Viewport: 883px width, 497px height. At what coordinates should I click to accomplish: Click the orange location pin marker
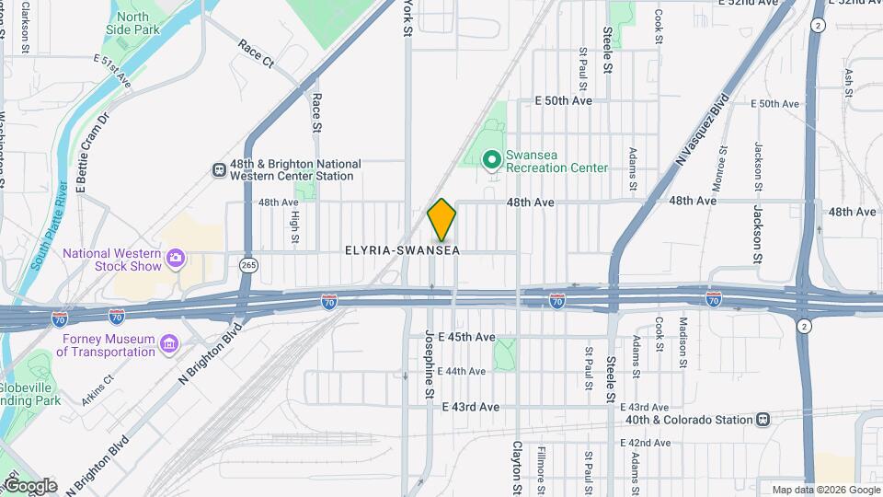point(442,220)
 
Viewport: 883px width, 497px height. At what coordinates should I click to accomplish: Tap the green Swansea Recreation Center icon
point(492,160)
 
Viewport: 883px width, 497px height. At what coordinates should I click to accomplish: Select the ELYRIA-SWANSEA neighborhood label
point(402,250)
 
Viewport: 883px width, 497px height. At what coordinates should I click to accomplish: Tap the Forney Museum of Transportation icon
point(168,345)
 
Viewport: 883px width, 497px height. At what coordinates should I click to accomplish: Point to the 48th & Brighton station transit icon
point(219,169)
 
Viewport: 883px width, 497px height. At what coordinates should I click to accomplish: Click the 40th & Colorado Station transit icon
point(763,420)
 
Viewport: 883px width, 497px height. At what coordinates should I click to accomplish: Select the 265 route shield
point(247,265)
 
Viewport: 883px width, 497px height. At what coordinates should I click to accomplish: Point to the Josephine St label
point(430,366)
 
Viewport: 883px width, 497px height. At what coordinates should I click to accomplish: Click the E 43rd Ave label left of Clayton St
point(470,407)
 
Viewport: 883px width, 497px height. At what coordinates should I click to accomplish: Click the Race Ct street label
point(256,54)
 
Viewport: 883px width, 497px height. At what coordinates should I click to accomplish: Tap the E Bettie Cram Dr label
point(92,151)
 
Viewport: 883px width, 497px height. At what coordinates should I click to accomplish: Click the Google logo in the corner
point(29,486)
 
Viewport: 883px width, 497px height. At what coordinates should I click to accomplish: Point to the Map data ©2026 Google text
point(825,490)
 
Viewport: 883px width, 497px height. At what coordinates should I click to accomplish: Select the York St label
point(407,18)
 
